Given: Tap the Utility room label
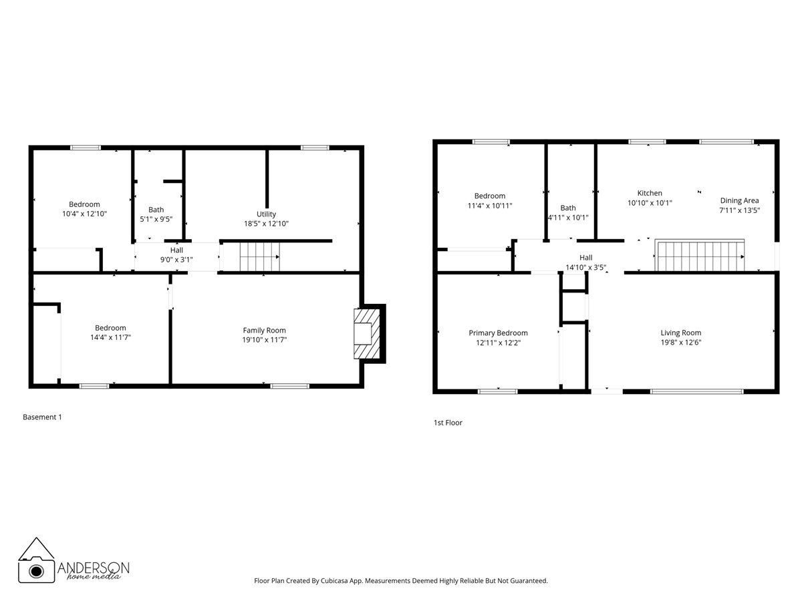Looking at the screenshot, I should (x=266, y=214).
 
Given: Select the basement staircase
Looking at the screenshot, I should (x=259, y=256).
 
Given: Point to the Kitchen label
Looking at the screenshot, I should (x=650, y=193).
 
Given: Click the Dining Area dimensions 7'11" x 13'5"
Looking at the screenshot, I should (x=739, y=210).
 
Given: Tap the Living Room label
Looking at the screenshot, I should (x=680, y=333).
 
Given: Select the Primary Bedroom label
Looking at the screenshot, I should (x=498, y=333).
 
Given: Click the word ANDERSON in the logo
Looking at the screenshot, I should (x=94, y=566).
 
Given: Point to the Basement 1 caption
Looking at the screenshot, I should (x=42, y=417).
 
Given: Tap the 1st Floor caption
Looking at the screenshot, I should (x=448, y=423).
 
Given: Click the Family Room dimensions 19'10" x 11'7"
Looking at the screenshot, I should (x=269, y=339).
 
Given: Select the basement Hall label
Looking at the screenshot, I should (x=176, y=250).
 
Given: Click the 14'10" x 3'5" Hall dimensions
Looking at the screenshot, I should (x=585, y=266).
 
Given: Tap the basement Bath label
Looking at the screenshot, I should (x=156, y=210).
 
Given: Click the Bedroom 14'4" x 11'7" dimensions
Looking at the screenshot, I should (x=110, y=337).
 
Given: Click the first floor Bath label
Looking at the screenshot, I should (x=567, y=208).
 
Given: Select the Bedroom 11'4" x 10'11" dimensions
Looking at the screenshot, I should (x=490, y=206).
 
